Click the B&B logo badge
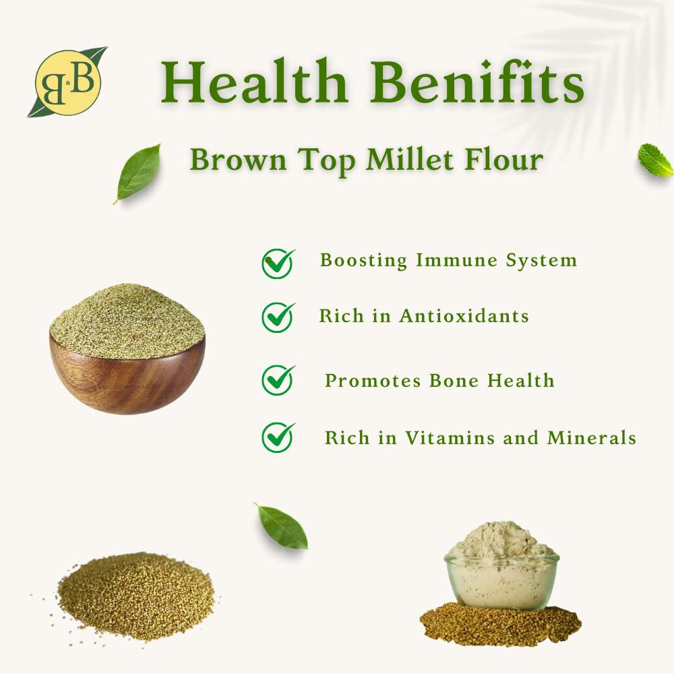pos(67,82)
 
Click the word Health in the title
pos(253,82)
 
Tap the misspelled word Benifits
pos(477,82)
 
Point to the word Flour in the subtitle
pos(503,160)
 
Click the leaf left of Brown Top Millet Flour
pos(137,174)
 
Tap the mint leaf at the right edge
pos(656,160)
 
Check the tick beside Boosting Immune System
pos(278,264)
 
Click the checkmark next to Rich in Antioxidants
pos(278,317)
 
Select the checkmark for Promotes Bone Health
pos(278,380)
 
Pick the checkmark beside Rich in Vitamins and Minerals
pos(278,437)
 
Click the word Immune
pos(456,260)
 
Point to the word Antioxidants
pos(464,316)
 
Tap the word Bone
pos(454,380)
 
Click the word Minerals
pos(592,438)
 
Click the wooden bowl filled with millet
pos(127,348)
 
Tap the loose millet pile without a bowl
pos(136,596)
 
